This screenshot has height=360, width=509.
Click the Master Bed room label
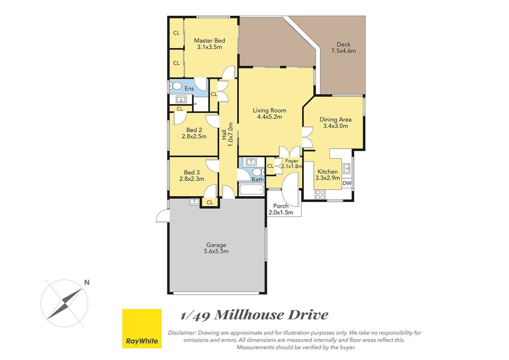pyautogui.click(x=209, y=40)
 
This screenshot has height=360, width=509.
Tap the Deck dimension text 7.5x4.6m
pyautogui.click(x=343, y=51)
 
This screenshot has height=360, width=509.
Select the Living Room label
pyautogui.click(x=270, y=110)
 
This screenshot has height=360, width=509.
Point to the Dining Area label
pyautogui.click(x=335, y=119)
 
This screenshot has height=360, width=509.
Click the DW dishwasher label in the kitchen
pyautogui.click(x=347, y=183)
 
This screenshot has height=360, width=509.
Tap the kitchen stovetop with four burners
pyautogui.click(x=320, y=194)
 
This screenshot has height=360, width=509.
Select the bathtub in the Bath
pyautogui.click(x=251, y=189)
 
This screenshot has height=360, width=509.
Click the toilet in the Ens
pyautogui.click(x=176, y=86)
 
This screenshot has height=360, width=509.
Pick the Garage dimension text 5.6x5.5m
pyautogui.click(x=216, y=251)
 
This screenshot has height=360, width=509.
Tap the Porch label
pyautogui.click(x=281, y=206)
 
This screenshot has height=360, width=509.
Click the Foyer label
pyautogui.click(x=292, y=161)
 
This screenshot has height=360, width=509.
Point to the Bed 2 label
pyautogui.click(x=194, y=130)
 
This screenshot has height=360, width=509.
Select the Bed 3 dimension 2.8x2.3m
pyautogui.click(x=192, y=179)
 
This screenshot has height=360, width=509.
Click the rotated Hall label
pyautogui.click(x=224, y=135)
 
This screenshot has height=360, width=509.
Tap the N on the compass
pyautogui.click(x=87, y=283)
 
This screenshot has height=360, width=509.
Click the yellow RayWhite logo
pyautogui.click(x=142, y=328)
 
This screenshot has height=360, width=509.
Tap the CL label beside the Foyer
pyautogui.click(x=270, y=166)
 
